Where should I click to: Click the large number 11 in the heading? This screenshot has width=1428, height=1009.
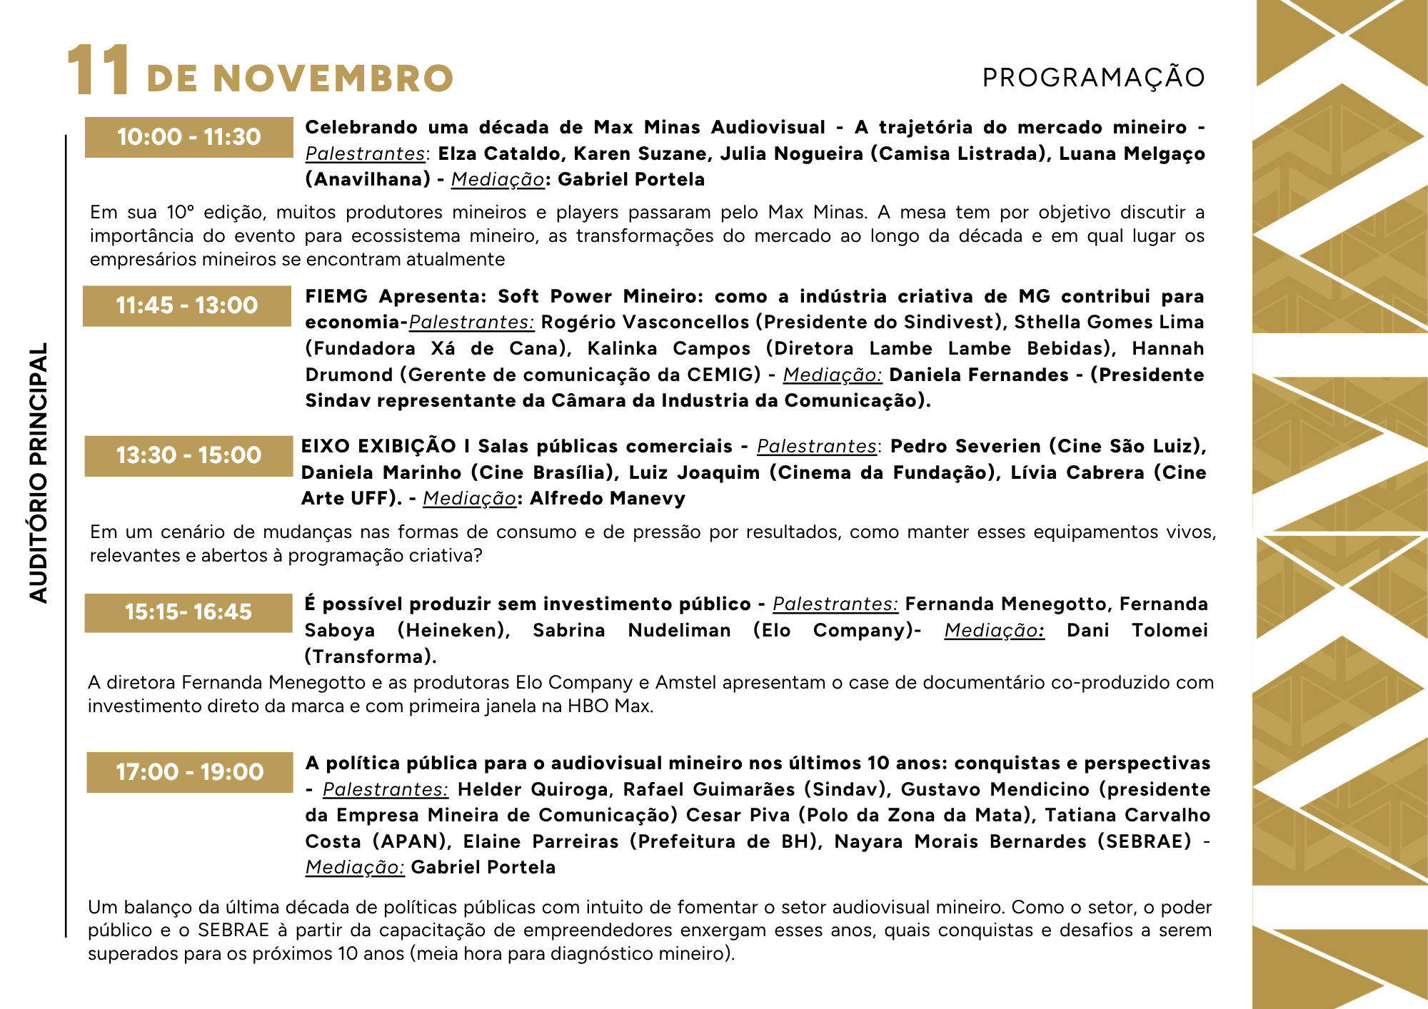coord(99,71)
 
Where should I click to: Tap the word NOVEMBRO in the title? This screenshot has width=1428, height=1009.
coord(333,78)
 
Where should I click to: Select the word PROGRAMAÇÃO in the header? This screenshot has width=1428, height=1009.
coord(1093,78)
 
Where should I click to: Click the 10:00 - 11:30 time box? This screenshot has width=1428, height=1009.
coord(189,137)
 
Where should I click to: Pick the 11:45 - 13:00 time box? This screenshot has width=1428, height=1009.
coord(187,305)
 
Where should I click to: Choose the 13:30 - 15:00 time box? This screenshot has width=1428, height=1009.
coord(189,455)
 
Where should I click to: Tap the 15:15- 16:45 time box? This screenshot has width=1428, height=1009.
coord(188,612)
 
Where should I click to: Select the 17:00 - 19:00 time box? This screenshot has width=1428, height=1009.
coord(190,772)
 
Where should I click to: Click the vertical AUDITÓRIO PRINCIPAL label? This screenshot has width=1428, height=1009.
coord(39,472)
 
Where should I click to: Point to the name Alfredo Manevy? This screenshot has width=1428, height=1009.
coord(607,499)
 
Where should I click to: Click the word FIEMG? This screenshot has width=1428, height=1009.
coord(336,296)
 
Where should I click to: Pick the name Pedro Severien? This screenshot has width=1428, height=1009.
coord(965,447)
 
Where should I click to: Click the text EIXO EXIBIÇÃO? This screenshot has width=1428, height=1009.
coord(378,447)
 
